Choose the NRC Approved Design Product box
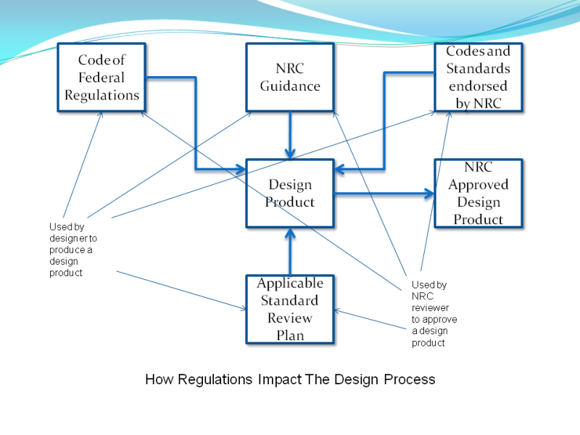coord(478,193)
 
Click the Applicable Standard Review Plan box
coord(290,309)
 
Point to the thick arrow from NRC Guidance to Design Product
coord(290,135)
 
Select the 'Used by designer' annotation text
coord(72,249)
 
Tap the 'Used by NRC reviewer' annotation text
coord(434,314)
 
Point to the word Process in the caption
coord(409,379)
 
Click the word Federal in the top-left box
coord(101,78)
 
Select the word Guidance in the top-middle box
coord(290,86)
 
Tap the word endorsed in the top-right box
coord(478,86)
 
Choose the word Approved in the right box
coord(478,185)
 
